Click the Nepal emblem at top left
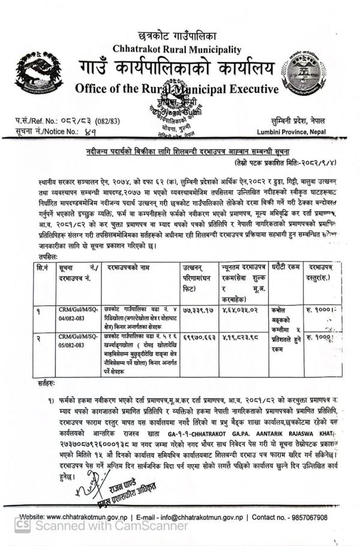click(39, 75)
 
